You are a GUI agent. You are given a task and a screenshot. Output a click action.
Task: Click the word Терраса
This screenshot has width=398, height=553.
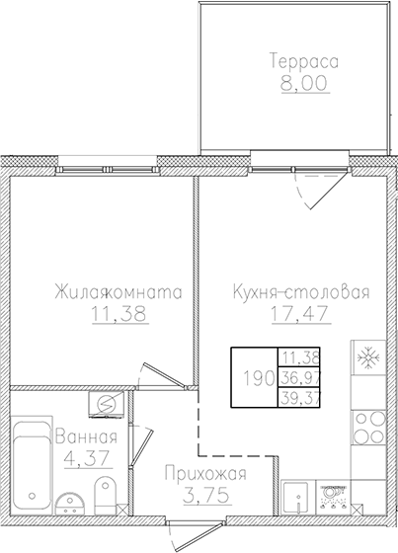[303, 61]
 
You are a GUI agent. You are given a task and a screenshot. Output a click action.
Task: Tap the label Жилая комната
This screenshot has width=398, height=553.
[116, 292]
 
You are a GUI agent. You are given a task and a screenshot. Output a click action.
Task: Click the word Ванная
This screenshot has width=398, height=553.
[87, 437]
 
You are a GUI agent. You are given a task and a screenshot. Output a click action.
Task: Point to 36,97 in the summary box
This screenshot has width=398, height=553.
[303, 376]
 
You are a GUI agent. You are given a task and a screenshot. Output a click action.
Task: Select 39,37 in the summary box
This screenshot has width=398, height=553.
[303, 396]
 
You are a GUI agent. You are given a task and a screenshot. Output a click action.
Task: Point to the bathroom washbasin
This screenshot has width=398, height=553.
[69, 503]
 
